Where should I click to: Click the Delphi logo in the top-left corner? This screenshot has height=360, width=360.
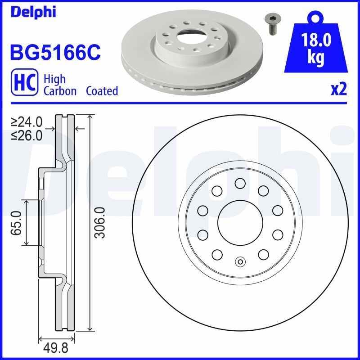point(32,12)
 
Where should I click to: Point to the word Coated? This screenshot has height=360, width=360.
point(102,91)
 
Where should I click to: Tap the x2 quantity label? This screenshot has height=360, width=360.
point(338,90)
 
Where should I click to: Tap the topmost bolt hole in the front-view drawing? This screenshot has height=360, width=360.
point(240,182)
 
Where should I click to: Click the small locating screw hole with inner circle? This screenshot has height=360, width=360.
point(240,262)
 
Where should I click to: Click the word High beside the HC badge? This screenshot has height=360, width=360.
point(54,79)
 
